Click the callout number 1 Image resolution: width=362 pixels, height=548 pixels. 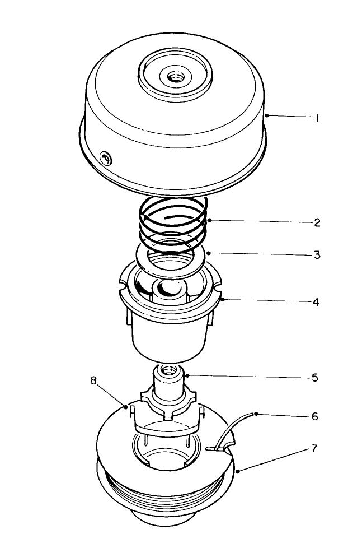317,119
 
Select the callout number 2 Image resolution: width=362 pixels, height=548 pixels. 317,222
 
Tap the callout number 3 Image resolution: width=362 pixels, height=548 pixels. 317,255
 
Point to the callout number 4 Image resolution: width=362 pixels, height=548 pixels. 317,302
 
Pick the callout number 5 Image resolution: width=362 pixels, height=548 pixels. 316,378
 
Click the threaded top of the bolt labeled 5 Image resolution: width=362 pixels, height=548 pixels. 167,370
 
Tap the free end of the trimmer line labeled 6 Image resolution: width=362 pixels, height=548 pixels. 255,414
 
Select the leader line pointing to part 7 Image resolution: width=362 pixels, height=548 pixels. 274,459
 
